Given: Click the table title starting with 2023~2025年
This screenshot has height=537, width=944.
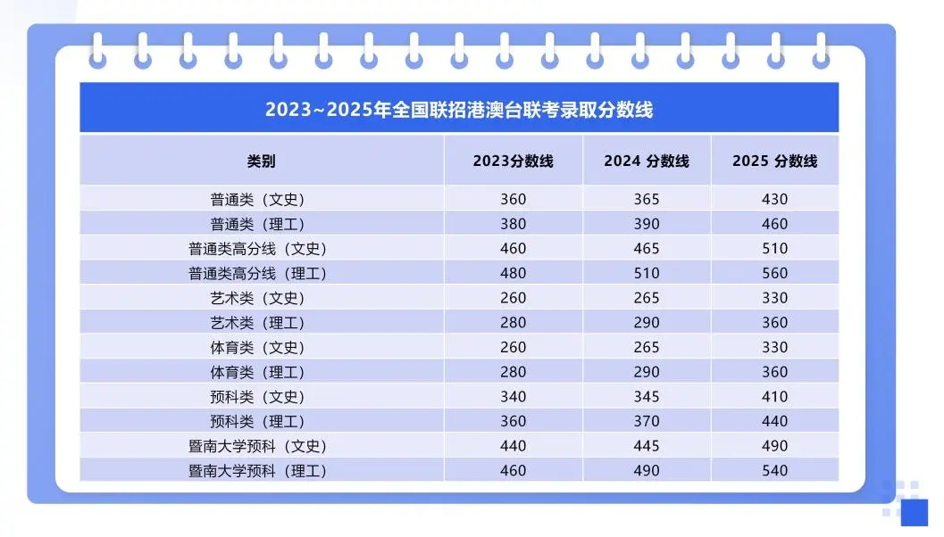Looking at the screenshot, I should (459, 110).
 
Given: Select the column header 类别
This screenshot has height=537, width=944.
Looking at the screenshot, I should (262, 161).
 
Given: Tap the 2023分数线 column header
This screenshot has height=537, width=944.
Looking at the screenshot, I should (513, 161).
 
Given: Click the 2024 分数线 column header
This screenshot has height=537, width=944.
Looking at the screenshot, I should (646, 161).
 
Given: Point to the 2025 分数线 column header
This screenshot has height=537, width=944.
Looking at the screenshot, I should (774, 161).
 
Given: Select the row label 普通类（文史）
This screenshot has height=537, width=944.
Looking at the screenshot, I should (262, 199).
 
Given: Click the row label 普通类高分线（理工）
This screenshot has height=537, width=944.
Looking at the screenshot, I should (262, 273).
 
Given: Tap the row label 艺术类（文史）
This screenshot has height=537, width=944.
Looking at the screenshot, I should (262, 298).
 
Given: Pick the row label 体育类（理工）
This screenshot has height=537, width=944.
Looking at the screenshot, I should (262, 372).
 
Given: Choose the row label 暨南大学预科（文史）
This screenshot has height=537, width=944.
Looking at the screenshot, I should (262, 446).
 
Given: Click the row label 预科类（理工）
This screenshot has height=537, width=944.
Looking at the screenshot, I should (262, 421).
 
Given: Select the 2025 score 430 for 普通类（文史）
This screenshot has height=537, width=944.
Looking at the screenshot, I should (774, 199).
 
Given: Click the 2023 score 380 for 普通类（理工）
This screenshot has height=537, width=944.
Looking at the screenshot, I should (513, 224).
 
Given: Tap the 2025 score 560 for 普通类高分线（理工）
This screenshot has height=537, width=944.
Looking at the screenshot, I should (774, 273).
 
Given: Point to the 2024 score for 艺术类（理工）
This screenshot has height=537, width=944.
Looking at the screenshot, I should (646, 322).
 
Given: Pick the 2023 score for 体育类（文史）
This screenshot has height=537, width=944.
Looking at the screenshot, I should (513, 347).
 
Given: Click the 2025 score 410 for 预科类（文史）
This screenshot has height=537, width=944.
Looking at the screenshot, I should (774, 396).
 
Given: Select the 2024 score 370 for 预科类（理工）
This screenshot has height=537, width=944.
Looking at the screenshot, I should (646, 421).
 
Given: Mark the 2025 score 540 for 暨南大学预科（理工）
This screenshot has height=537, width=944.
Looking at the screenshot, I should (774, 470).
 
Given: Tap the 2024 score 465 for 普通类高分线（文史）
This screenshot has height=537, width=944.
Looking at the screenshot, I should (646, 248).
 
